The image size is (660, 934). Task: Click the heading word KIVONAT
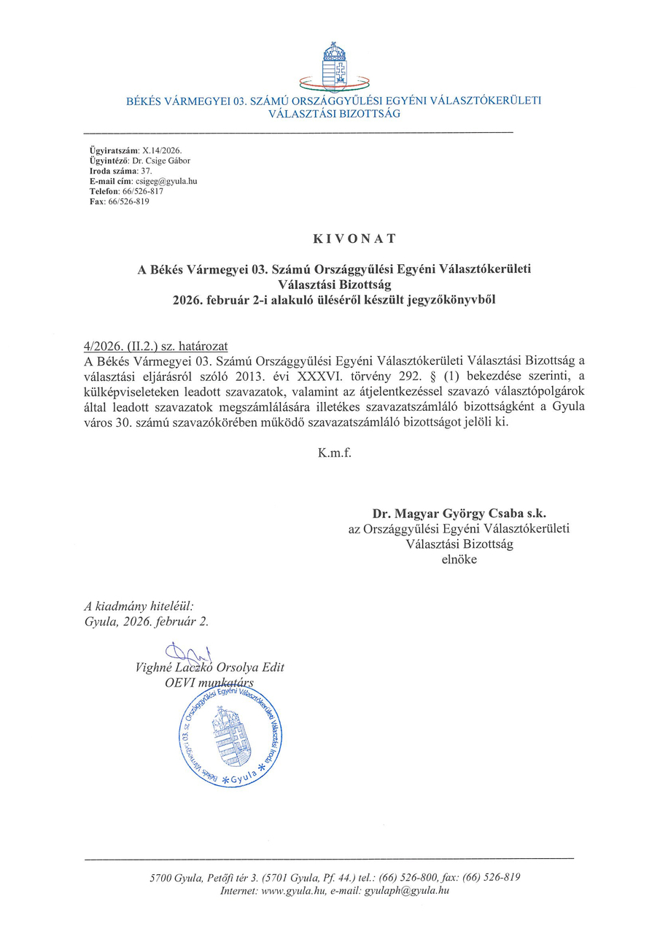pos(335,239)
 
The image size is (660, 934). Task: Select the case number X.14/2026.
pos(146,150)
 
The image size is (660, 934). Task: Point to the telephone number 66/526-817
pos(143,191)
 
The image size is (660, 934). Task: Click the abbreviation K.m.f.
pos(335,453)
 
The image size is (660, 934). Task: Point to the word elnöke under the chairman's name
pos(459,560)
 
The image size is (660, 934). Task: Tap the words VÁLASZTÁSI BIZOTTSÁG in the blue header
pos(335,114)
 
